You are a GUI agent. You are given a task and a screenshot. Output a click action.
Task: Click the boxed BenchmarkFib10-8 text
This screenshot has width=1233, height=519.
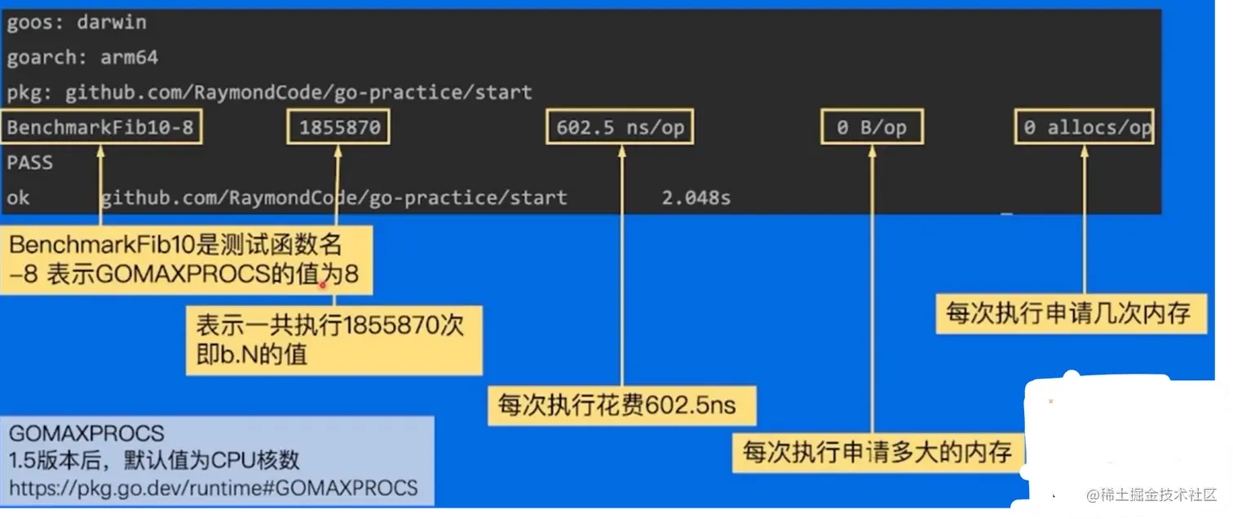point(103,127)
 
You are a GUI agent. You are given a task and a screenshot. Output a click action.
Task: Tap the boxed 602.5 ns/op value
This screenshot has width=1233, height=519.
point(620,127)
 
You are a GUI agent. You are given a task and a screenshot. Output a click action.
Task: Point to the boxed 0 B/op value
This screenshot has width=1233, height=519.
point(871,127)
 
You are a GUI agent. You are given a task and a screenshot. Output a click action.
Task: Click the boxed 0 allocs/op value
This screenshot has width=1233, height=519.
point(1085,127)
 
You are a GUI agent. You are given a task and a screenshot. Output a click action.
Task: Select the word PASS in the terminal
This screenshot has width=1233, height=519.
point(30,162)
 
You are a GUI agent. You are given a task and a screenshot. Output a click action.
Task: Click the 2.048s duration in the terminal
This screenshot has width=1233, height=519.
point(696,197)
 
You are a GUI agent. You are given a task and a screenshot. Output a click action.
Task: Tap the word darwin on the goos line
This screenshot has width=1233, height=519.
point(112,22)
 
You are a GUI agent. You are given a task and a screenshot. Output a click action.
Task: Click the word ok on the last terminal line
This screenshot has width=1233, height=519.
point(18,197)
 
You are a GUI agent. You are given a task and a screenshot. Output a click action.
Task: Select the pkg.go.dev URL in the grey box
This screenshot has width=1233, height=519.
point(214,488)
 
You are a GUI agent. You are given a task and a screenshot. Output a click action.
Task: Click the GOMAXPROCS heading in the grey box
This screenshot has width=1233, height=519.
point(86,432)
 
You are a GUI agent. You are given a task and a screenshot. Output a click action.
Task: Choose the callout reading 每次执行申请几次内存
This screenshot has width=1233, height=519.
point(1069,313)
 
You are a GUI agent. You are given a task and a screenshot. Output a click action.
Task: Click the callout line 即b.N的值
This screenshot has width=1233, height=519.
point(251,355)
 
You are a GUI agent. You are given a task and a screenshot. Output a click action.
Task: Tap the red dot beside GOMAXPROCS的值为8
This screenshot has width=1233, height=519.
point(324,285)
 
